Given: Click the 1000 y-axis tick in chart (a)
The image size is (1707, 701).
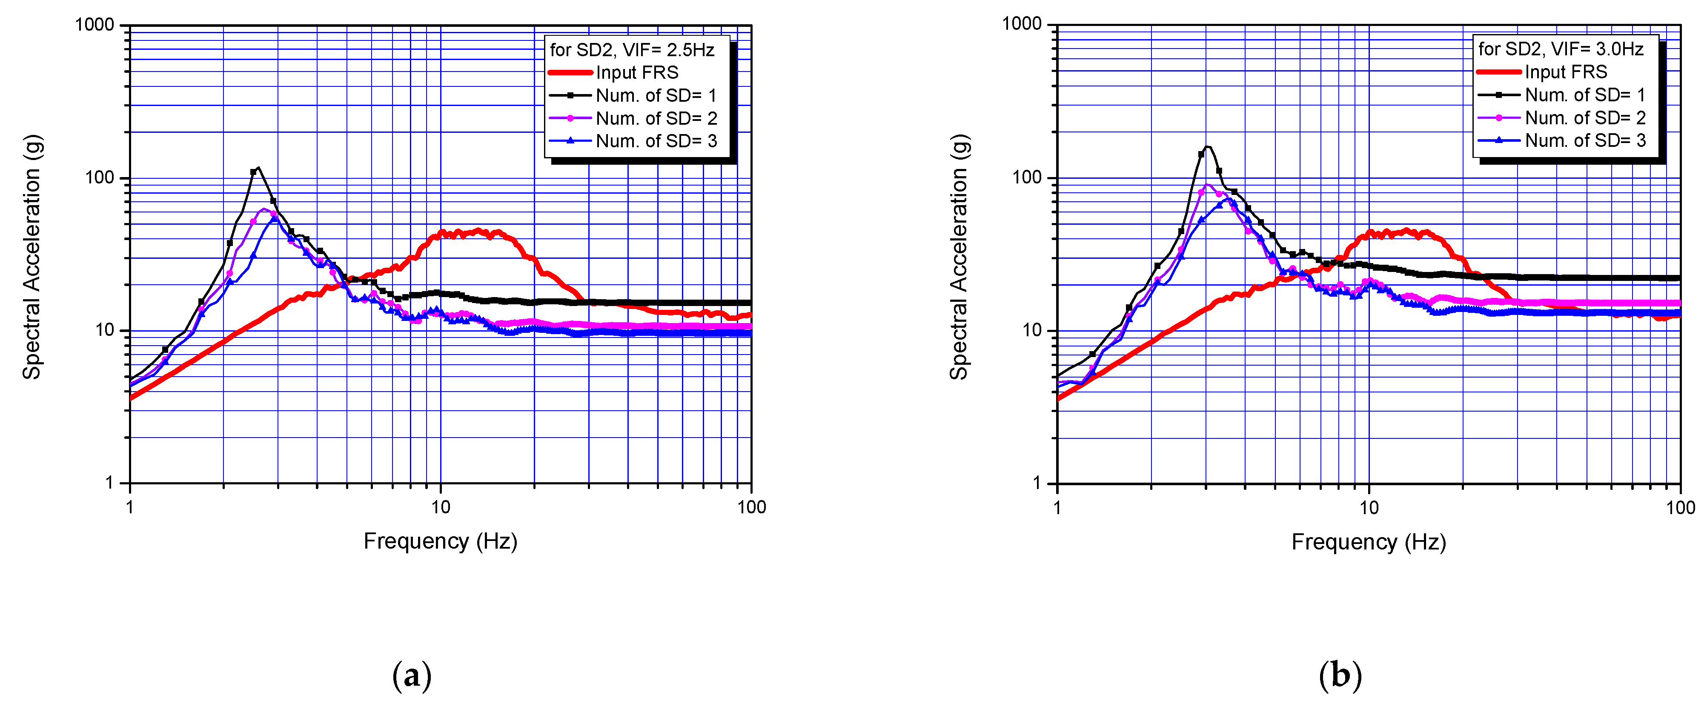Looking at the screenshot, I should (x=95, y=25).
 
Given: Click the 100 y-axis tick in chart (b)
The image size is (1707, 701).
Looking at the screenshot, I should (x=1027, y=177).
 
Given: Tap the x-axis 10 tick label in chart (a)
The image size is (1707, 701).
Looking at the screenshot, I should (x=441, y=507).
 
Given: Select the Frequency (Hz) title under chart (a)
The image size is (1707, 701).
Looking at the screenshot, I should (x=440, y=541).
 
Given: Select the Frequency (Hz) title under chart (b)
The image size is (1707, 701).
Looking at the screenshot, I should (x=1369, y=542).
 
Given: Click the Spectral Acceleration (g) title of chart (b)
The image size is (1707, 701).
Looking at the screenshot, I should (x=959, y=257).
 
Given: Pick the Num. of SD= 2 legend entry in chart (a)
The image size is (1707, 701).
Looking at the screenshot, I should (x=656, y=118).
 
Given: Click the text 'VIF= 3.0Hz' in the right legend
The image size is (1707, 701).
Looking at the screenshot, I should (x=1597, y=49).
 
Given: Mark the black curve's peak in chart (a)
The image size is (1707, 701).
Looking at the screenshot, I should (x=258, y=168).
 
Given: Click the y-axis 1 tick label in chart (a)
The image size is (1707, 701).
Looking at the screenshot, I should (x=109, y=483).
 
